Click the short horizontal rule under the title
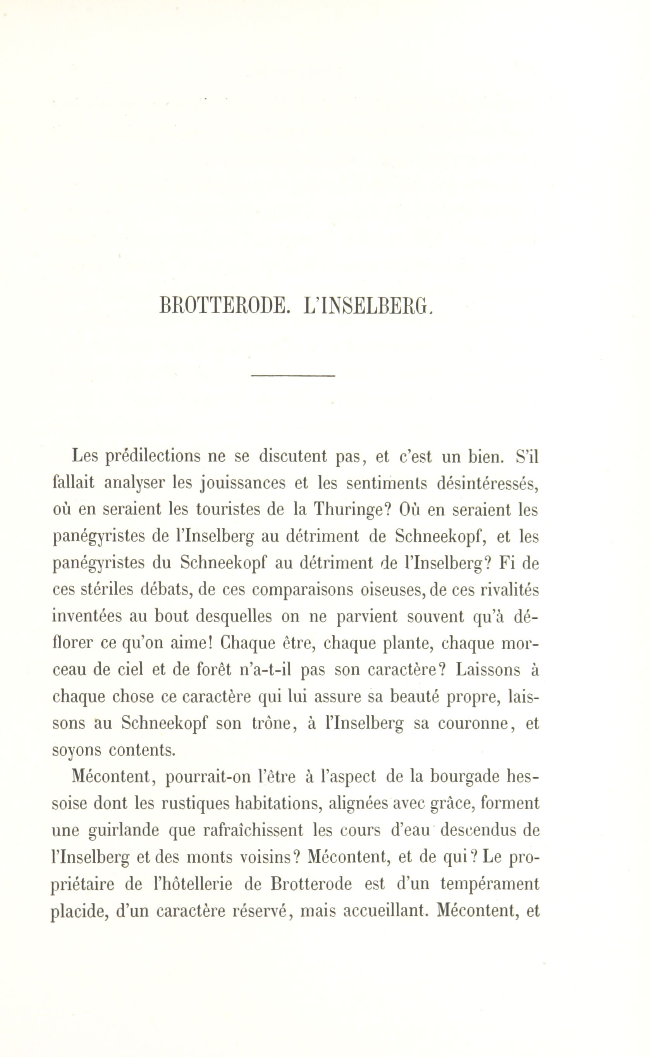pyautogui.click(x=293, y=376)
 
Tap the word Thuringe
pyautogui.click(x=352, y=510)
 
